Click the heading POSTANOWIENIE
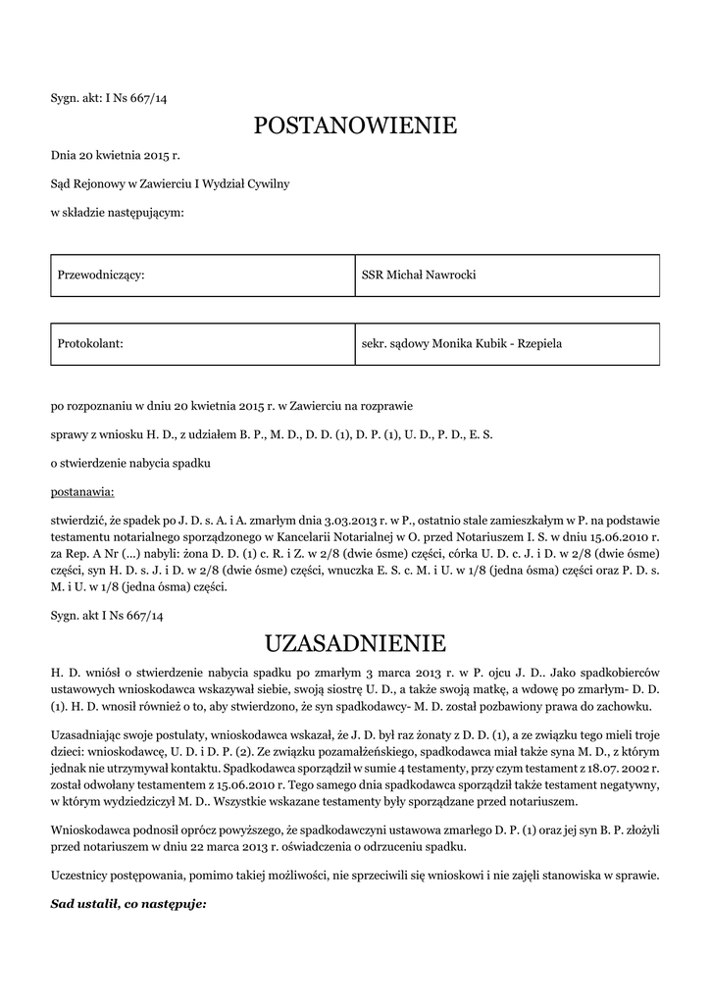355,125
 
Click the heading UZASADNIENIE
355,643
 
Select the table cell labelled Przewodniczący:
203,276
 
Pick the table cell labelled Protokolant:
203,343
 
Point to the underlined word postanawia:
82,488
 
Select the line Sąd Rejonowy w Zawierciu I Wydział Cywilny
170,183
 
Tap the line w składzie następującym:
117,212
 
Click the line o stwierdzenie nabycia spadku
130,461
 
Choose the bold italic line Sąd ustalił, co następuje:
128,903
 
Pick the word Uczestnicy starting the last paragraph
81,875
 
